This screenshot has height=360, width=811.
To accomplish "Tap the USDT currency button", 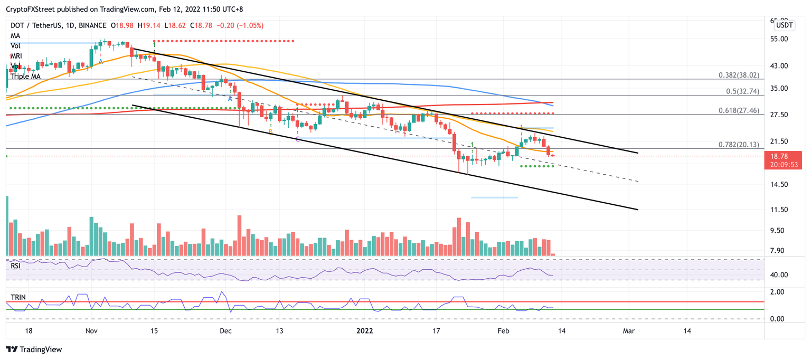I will pyautogui.click(x=785, y=25).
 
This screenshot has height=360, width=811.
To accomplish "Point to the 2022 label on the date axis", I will pyautogui.click(x=365, y=331).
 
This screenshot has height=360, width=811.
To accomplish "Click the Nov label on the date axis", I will pyautogui.click(x=92, y=331).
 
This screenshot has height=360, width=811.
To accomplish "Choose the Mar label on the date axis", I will pyautogui.click(x=628, y=331).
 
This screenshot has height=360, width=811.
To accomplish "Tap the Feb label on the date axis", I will pyautogui.click(x=504, y=331).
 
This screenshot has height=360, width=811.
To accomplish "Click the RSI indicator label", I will pyautogui.click(x=16, y=266).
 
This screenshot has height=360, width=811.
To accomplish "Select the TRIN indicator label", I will pyautogui.click(x=18, y=297).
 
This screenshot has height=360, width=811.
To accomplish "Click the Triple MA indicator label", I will pyautogui.click(x=25, y=77).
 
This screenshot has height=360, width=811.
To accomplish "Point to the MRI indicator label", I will pyautogui.click(x=17, y=56).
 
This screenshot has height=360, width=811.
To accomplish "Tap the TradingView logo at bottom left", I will pyautogui.click(x=34, y=349).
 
